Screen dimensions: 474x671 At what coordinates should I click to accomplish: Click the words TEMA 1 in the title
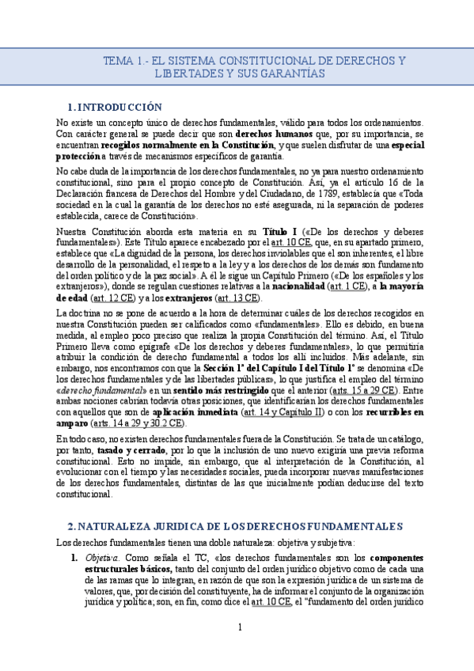123,61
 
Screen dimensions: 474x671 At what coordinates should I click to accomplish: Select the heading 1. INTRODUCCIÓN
115,107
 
